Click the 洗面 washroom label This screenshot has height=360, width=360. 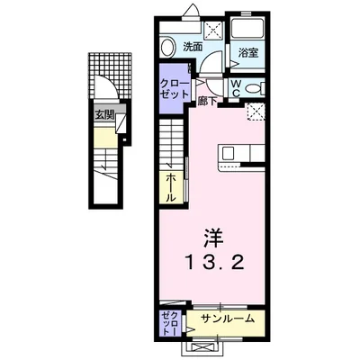[x=192, y=47]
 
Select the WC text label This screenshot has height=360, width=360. [x=235, y=87]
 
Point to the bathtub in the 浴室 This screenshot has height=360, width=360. [x=247, y=28]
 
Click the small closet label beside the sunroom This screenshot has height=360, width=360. [x=169, y=322]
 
